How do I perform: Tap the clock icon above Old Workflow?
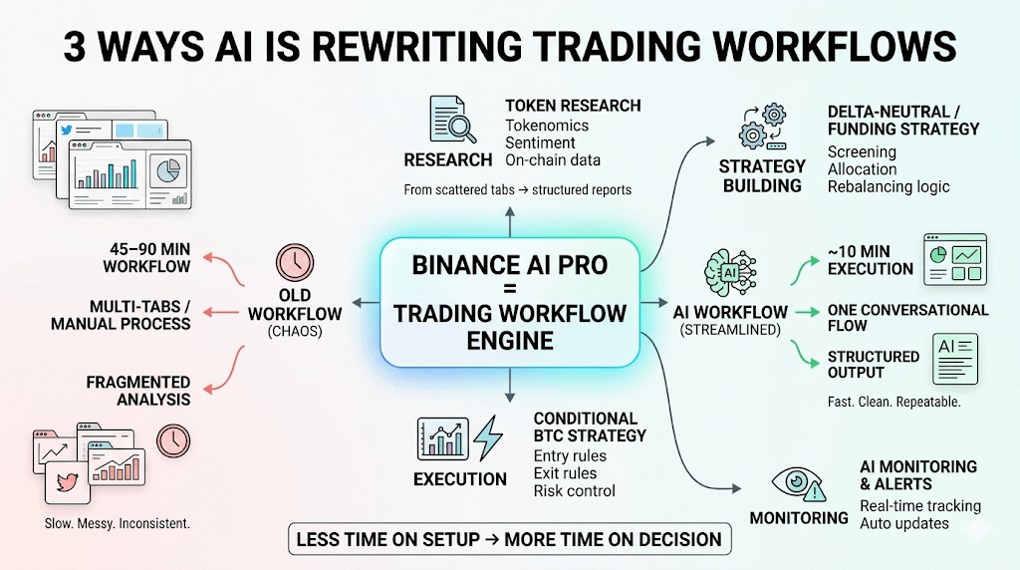pos(295,263)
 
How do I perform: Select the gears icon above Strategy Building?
pos(762,127)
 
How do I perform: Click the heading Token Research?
pos(573,106)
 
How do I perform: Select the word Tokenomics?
pos(547,126)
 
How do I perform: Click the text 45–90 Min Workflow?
pos(146,259)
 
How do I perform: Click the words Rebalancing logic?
pos(889,186)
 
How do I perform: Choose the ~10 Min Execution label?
pos(870,260)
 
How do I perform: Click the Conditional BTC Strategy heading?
pos(590,427)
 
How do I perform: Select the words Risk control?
pos(575,490)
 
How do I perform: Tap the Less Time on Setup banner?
pos(509,540)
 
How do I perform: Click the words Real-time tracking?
pos(919,506)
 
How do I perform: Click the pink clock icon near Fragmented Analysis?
pos(173,440)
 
